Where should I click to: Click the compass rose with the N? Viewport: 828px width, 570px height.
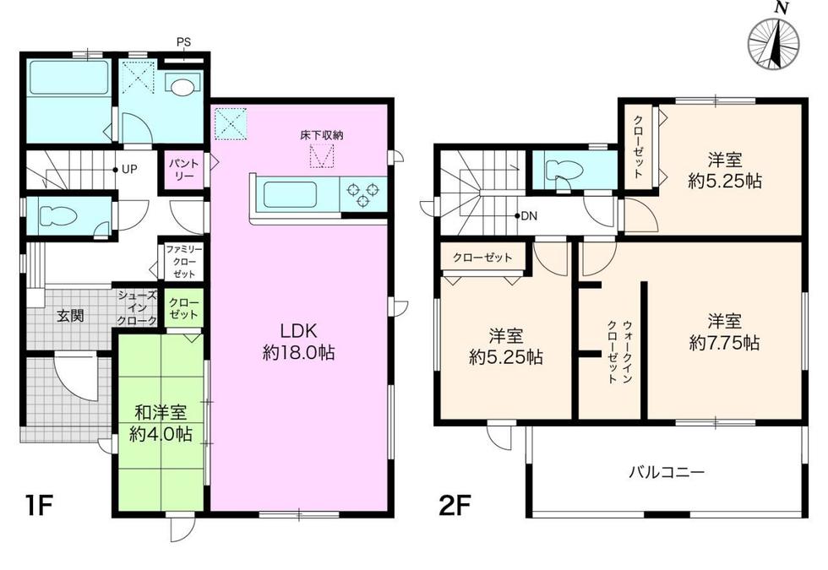click(x=774, y=43)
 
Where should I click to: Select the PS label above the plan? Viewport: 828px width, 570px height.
click(x=184, y=42)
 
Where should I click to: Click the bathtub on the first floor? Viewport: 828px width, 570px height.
click(x=68, y=77)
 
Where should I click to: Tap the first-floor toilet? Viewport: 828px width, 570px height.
click(x=58, y=216)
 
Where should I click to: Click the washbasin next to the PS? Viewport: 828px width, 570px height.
click(x=182, y=84)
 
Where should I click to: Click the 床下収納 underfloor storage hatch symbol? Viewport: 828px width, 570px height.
click(x=322, y=155)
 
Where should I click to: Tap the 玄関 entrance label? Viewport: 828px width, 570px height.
click(x=70, y=316)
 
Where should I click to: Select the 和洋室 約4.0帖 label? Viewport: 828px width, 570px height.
click(x=161, y=423)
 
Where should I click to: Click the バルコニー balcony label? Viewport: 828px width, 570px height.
click(x=667, y=471)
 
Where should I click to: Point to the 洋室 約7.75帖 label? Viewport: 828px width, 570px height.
click(x=725, y=332)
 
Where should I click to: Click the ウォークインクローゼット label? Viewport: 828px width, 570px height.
click(x=619, y=351)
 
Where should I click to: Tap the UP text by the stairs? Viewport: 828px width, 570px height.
click(x=129, y=170)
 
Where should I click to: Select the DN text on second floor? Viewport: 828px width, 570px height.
click(x=529, y=216)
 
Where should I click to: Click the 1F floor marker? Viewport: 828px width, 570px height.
click(x=39, y=506)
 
